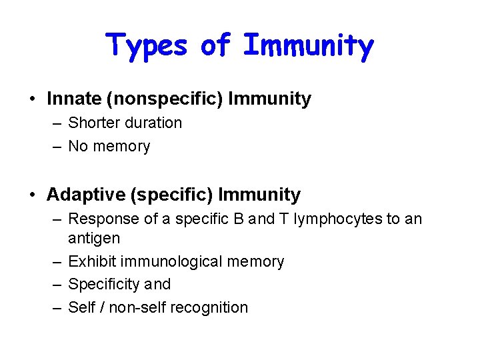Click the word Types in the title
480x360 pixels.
149,45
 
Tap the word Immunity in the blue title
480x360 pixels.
308,45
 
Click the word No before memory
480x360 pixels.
78,146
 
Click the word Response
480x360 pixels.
97,219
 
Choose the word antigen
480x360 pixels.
94,238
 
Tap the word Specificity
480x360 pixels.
102,285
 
